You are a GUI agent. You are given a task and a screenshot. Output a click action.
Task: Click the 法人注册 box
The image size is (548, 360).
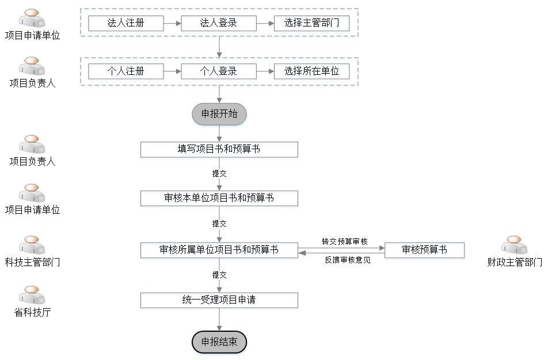(126, 23)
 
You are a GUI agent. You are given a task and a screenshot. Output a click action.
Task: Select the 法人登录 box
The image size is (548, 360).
(219, 23)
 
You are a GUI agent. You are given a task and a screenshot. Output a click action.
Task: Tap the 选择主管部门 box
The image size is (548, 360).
(312, 23)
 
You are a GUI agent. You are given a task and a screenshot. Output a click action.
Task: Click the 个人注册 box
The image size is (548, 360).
(126, 71)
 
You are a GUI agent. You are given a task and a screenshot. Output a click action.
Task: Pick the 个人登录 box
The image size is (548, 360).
(219, 71)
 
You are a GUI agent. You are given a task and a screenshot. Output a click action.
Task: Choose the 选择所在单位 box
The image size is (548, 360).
(312, 71)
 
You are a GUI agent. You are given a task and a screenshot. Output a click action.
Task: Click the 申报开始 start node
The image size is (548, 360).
(219, 114)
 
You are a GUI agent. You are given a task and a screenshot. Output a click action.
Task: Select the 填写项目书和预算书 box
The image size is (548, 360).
(219, 149)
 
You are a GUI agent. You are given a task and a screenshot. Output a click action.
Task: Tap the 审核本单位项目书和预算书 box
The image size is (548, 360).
(219, 198)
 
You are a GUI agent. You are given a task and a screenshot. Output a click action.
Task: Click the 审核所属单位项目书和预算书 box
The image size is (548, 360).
(219, 250)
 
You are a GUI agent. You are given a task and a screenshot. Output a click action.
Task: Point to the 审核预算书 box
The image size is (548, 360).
(425, 250)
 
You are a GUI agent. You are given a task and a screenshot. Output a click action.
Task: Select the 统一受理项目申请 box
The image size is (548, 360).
(219, 300)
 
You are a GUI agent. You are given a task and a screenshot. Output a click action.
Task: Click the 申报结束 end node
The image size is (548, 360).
(219, 342)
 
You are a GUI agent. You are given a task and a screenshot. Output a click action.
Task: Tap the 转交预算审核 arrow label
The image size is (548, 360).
(345, 241)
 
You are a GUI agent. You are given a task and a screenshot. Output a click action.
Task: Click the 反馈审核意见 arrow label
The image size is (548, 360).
(348, 260)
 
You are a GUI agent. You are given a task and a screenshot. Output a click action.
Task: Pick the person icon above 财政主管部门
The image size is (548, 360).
(514, 245)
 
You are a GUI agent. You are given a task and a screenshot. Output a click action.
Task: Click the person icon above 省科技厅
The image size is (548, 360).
(32, 295)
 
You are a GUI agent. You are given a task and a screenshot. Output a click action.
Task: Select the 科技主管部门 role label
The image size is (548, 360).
(32, 262)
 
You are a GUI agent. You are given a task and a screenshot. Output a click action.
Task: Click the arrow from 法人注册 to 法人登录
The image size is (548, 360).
(172, 24)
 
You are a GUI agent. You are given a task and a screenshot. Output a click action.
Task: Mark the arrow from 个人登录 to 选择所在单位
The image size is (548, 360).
(265, 71)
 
